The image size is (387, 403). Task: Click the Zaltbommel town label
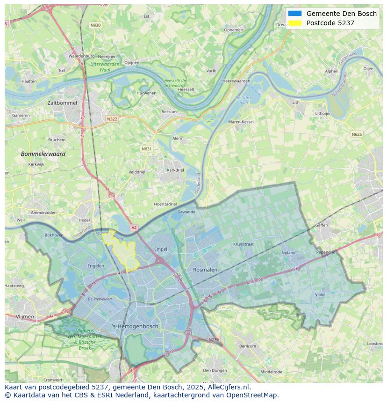tap(62, 103)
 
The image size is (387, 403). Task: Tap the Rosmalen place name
tap(205, 270)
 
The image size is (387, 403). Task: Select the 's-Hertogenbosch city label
tap(136, 326)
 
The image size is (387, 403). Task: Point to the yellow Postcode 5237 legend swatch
tap(295, 23)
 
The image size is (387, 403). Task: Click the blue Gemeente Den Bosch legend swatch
tap(295, 14)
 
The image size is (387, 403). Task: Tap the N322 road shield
tap(112, 119)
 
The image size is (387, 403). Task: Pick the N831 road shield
tap(147, 149)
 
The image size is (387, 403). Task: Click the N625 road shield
tap(357, 134)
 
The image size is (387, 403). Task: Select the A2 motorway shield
tap(134, 227)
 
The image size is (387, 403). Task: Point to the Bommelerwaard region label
tap(43, 154)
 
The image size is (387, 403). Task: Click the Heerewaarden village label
tap(236, 81)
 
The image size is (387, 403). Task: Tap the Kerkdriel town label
tap(175, 170)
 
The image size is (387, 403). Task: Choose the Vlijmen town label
tap(25, 317)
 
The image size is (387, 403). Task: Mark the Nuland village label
tap(288, 253)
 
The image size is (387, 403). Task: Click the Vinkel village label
tap(321, 294)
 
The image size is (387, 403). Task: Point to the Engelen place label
tap(96, 266)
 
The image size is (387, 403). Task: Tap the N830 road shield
tap(95, 25)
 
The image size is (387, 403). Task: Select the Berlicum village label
tap(247, 346)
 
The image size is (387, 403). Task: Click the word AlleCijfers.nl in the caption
tap(229, 387)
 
